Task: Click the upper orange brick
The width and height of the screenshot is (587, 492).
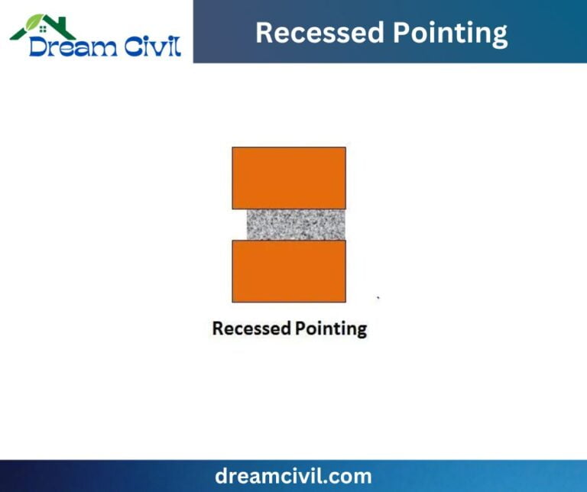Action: [x=289, y=177]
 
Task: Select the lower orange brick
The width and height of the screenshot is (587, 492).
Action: [x=289, y=270]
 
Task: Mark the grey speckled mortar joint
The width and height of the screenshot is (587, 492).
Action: [x=296, y=225]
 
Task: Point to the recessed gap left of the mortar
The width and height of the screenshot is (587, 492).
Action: [x=239, y=225]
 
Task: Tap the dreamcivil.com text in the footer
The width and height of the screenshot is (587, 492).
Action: [x=293, y=476]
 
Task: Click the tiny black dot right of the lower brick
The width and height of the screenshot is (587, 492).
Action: [x=378, y=297]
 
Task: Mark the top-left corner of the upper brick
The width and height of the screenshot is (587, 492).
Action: [x=233, y=147]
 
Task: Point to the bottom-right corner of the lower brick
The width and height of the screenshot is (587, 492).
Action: [x=345, y=301]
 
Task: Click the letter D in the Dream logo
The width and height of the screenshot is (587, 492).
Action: [x=38, y=47]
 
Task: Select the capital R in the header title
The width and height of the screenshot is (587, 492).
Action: [x=264, y=33]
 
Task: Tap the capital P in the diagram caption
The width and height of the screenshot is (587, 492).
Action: [x=299, y=329]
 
